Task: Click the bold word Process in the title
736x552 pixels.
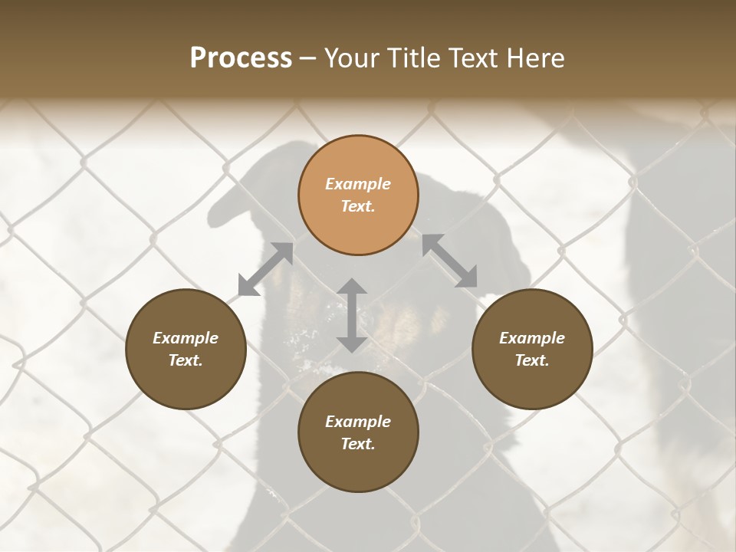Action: click(241, 58)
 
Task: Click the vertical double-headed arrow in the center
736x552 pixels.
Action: click(352, 315)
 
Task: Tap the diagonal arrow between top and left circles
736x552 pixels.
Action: click(265, 268)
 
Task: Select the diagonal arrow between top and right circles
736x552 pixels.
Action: click(449, 261)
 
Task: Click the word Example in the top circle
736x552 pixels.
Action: click(358, 184)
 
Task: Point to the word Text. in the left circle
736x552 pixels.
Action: click(186, 360)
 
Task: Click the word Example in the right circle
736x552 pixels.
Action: click(532, 338)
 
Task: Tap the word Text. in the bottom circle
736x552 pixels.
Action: click(358, 444)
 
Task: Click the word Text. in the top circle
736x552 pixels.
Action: click(358, 206)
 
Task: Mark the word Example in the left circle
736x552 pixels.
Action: click(186, 338)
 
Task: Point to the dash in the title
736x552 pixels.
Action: click(308, 59)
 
